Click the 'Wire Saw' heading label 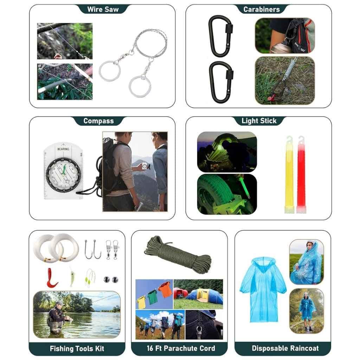pyautogui.click(x=103, y=9)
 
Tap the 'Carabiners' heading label pyautogui.click(x=262, y=9)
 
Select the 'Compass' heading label pyautogui.click(x=98, y=121)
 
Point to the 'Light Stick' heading pyautogui.click(x=259, y=121)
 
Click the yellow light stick pyautogui.click(x=289, y=174)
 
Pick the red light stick pyautogui.click(x=301, y=174)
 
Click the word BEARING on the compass pyautogui.click(x=63, y=149)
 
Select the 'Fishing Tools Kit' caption pyautogui.click(x=77, y=349)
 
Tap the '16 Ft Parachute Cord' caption pyautogui.click(x=181, y=348)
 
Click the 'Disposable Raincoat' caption pyautogui.click(x=285, y=348)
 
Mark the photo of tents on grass pyautogui.click(x=198, y=294)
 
